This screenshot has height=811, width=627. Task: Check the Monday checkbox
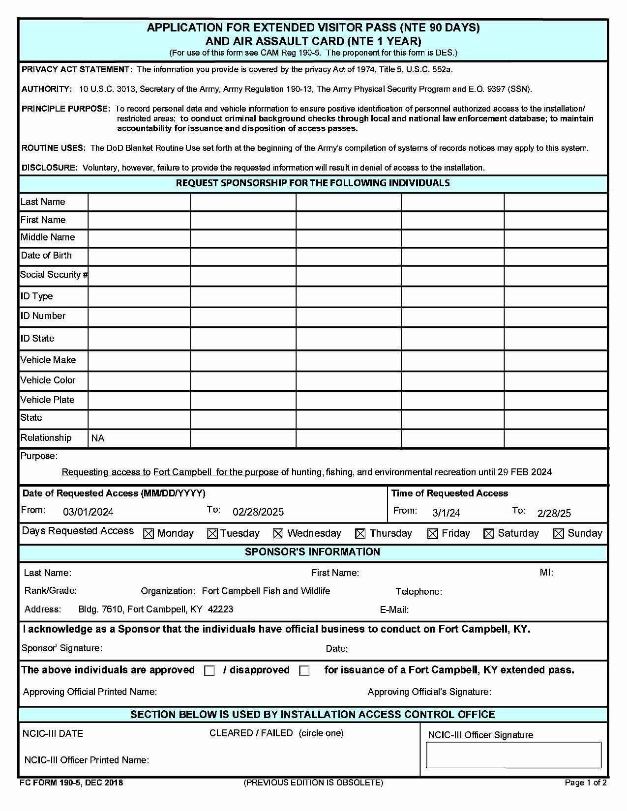click(x=148, y=534)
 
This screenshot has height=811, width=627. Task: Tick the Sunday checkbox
click(x=558, y=534)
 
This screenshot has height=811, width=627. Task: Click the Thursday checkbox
click(x=360, y=534)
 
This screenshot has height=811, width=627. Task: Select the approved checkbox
click(x=209, y=671)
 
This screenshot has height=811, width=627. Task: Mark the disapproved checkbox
click(x=304, y=671)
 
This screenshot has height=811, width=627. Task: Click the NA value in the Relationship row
click(x=98, y=438)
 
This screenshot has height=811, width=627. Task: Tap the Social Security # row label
click(x=53, y=275)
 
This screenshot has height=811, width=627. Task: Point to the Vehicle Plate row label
click(x=47, y=400)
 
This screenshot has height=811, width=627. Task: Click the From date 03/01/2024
click(x=88, y=512)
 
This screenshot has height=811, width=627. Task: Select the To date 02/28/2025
click(x=258, y=512)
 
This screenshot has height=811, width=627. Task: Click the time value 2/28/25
click(x=554, y=514)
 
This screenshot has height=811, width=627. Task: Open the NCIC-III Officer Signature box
click(x=513, y=755)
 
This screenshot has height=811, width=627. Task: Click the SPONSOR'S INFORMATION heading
click(x=312, y=552)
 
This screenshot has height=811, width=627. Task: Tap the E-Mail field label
click(x=394, y=610)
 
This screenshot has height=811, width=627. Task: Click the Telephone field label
click(x=418, y=592)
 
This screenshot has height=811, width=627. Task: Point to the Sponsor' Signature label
click(x=62, y=648)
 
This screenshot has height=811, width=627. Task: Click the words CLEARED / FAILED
click(x=251, y=733)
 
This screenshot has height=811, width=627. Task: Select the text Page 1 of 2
click(x=585, y=783)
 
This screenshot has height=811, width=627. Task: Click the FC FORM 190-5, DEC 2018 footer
click(x=71, y=783)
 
